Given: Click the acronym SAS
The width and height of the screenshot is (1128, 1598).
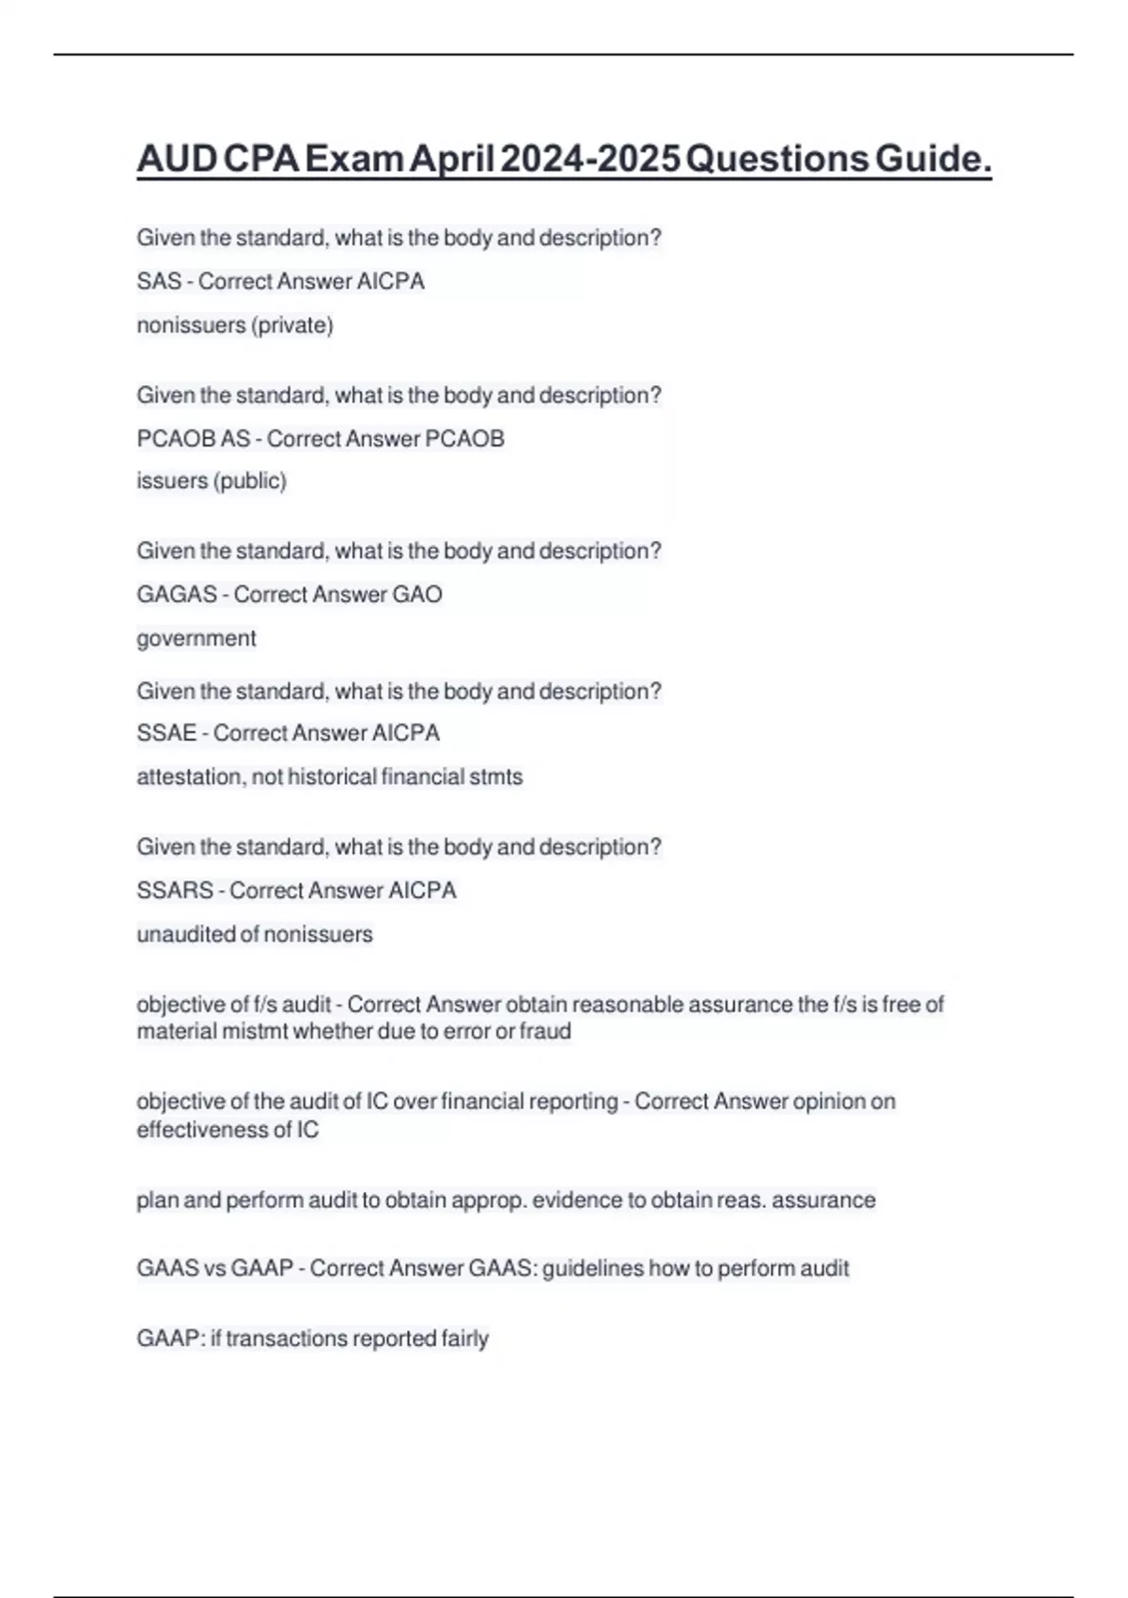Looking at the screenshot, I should pos(159,281).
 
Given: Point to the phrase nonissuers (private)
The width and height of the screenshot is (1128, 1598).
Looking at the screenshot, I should pos(235,325).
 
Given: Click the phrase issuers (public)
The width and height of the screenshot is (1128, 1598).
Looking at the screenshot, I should pos(211,481).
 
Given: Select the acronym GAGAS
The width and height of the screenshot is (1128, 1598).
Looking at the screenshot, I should pos(177,594).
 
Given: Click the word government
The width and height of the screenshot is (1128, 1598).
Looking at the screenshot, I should pos(196,638).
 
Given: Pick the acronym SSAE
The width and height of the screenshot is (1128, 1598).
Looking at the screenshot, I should pos(166,733).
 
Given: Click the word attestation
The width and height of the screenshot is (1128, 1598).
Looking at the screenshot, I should pos(191,776).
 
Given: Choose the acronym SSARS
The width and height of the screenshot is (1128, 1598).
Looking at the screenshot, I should pos(175,890).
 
